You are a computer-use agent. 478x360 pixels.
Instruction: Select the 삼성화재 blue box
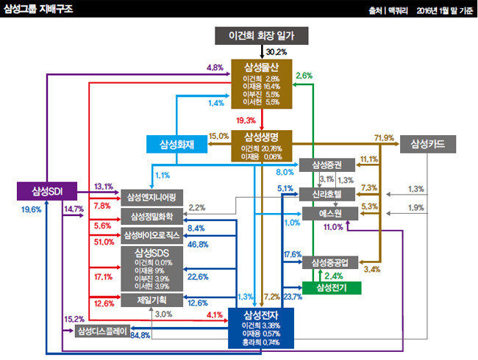coord(176,143)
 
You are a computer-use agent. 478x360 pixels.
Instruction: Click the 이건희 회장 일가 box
coord(261,35)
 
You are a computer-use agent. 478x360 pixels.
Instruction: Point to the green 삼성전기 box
coord(332,287)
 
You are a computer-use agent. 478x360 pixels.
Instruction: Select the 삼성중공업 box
coord(332,262)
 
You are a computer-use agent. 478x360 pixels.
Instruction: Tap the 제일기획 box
coord(151,300)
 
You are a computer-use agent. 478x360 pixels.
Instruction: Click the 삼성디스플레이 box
coord(104,330)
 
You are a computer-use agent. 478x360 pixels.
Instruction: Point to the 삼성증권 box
coord(332,165)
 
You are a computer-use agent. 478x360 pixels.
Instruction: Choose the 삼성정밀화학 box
coord(151,216)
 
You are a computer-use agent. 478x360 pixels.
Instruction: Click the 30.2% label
coord(276,51)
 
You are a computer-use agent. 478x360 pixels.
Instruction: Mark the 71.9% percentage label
coord(385,137)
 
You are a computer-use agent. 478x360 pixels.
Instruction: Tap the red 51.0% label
coord(103,242)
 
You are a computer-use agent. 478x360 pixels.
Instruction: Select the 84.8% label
coord(140,336)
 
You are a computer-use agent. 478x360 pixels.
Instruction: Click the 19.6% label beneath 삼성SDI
coord(32,209)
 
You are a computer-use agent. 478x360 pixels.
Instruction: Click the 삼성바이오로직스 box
coord(151,235)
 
